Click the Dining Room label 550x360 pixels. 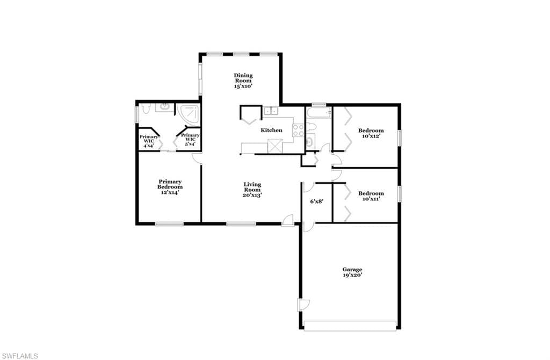click(x=243, y=81)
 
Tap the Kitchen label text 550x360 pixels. click(x=271, y=130)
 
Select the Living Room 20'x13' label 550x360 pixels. click(x=252, y=190)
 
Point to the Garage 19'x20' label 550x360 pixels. click(x=352, y=272)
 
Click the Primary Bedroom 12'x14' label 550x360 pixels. click(x=170, y=187)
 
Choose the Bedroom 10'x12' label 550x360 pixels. click(x=371, y=133)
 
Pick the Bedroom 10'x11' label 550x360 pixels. click(x=371, y=196)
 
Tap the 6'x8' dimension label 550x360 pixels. click(x=316, y=201)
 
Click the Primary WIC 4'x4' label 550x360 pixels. click(x=149, y=141)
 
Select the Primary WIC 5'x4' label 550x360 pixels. click(x=190, y=139)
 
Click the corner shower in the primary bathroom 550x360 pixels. click(x=188, y=115)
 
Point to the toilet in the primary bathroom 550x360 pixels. click(x=146, y=109)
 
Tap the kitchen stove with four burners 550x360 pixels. click(x=299, y=130)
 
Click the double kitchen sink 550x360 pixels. click(x=271, y=111)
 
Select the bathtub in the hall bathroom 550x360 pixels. click(x=319, y=113)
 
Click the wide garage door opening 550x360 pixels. click(x=350, y=326)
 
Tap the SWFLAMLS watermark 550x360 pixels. click(x=19, y=356)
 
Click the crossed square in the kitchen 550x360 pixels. click(x=275, y=146)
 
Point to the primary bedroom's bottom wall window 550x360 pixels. click(x=169, y=224)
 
